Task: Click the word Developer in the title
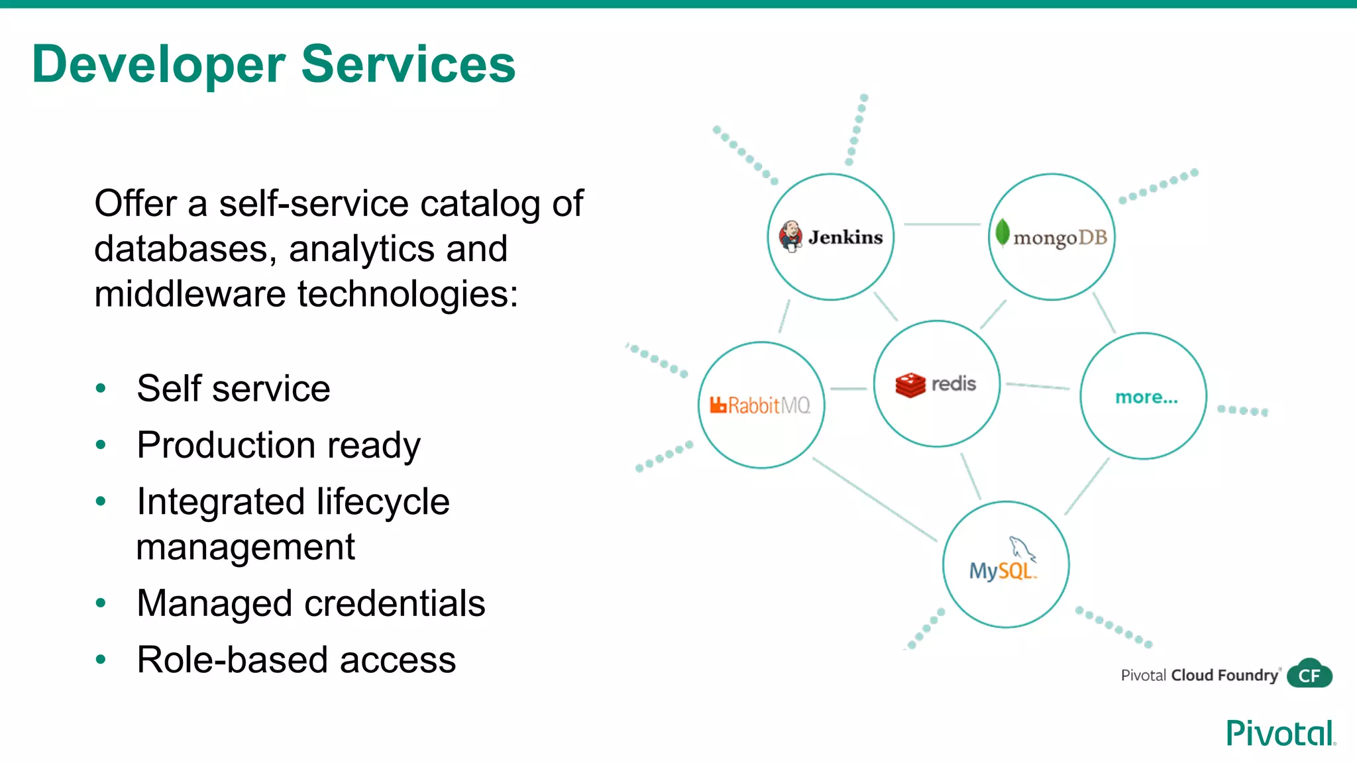[158, 65]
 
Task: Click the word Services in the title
[408, 64]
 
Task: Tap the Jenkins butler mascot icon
[790, 236]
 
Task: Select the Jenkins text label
[845, 237]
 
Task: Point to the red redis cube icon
[910, 385]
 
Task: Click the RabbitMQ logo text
[761, 405]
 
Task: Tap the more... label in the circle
[1146, 397]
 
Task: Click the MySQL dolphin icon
[1021, 548]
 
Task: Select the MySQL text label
[1002, 571]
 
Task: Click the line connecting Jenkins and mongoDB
[942, 225]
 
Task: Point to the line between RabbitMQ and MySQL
[875, 499]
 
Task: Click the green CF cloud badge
[1310, 674]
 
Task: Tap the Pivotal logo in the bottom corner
[1280, 733]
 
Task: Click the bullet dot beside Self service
[101, 388]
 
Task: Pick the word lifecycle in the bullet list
[383, 501]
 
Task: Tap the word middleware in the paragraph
[190, 294]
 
